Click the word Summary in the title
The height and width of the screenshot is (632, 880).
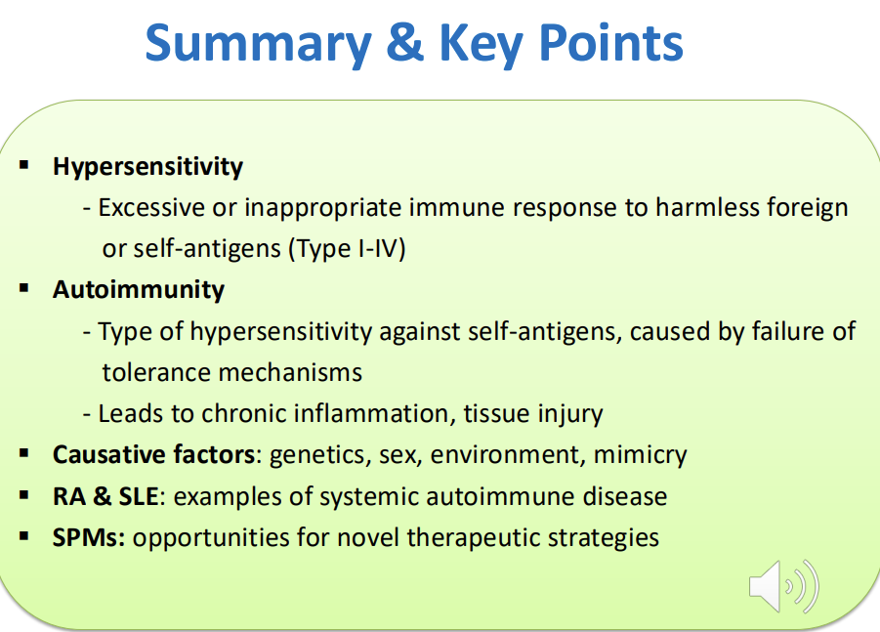pyautogui.click(x=258, y=45)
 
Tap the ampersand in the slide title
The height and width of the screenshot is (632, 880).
pyautogui.click(x=404, y=42)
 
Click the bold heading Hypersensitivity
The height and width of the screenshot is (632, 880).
pyautogui.click(x=147, y=167)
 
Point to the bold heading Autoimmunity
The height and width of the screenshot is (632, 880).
pyautogui.click(x=139, y=289)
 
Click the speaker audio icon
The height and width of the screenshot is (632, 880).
pyautogui.click(x=784, y=586)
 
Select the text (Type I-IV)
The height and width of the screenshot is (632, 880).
pyautogui.click(x=347, y=249)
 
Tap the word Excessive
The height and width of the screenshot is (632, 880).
pyautogui.click(x=151, y=208)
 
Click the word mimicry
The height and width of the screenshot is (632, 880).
pyautogui.click(x=641, y=455)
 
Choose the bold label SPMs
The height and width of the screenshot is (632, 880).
pyautogui.click(x=89, y=537)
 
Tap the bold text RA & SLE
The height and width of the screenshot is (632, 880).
pyautogui.click(x=105, y=497)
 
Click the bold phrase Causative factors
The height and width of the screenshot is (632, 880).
pyautogui.click(x=153, y=454)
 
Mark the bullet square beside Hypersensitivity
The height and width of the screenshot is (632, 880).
pyautogui.click(x=24, y=165)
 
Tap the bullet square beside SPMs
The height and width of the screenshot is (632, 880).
pyautogui.click(x=24, y=536)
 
